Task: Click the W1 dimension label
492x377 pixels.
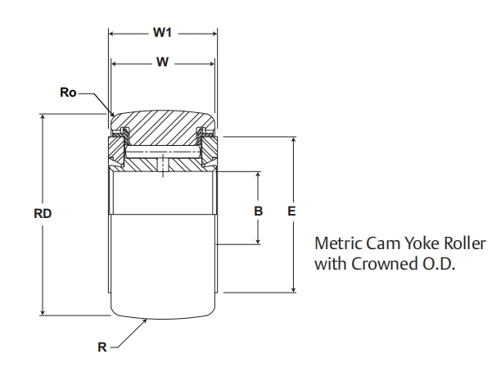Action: (162, 34)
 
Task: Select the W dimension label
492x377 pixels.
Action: (162, 61)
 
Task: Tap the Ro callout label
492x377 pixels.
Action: (69, 93)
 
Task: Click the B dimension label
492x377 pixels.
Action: (259, 211)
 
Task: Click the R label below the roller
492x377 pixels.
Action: (102, 347)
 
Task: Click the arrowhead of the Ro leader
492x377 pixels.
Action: (111, 111)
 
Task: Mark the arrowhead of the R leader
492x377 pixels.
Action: (145, 319)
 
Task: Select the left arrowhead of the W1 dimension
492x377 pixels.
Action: (112, 34)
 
